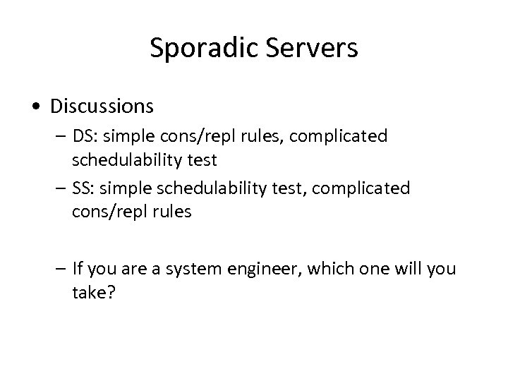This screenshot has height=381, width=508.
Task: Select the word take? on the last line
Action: click(93, 292)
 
